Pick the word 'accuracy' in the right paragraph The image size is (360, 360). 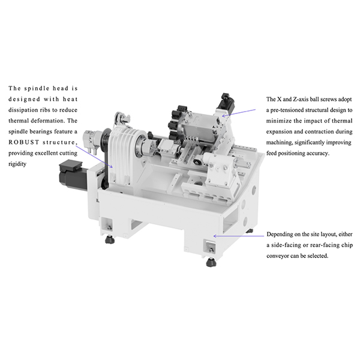[x=346, y=154]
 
